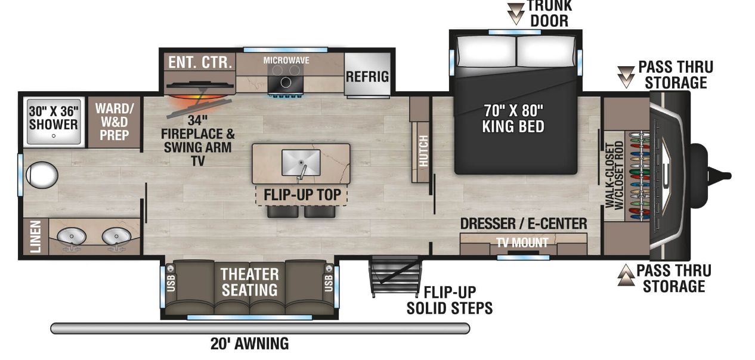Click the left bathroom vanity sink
tap(72, 236)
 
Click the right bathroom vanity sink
tap(115, 236)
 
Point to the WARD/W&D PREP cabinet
tap(114, 122)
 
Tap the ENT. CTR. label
tap(200, 63)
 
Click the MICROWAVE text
tap(286, 60)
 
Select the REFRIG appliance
tap(367, 77)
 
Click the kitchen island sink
tap(301, 162)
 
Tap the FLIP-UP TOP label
tap(302, 195)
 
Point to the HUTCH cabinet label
tap(423, 150)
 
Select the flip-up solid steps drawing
tap(392, 276)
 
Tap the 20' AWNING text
tap(249, 344)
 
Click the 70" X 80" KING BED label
tap(515, 118)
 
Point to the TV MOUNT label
tap(522, 243)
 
